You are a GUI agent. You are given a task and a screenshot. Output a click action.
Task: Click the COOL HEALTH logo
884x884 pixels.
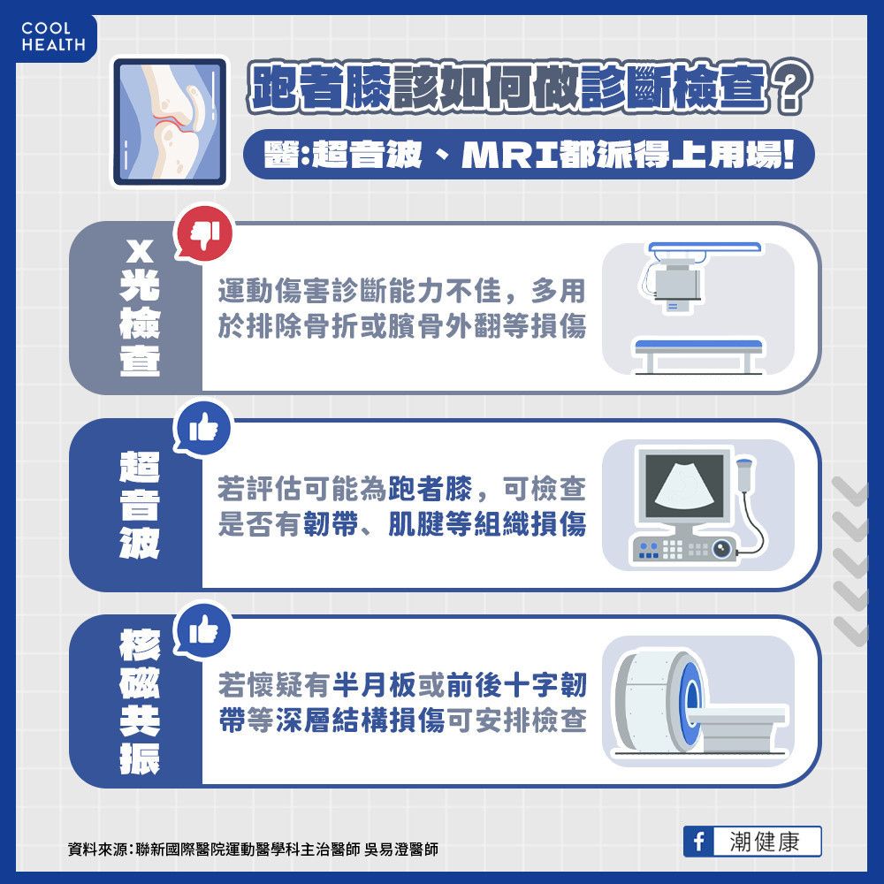point(52,36)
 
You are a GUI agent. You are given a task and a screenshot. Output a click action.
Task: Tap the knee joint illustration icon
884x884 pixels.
point(168,121)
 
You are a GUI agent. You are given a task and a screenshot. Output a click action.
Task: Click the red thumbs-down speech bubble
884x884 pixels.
point(204,232)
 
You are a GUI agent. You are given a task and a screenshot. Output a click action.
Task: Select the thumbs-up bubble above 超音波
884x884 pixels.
point(204,428)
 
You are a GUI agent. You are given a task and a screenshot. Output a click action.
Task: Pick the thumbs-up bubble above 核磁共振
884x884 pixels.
point(204,629)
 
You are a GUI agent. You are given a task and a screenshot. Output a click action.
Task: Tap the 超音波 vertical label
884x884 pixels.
point(140,505)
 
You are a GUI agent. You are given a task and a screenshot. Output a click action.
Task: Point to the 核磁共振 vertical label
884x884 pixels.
point(140,702)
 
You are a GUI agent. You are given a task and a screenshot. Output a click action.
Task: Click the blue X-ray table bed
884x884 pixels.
point(697,344)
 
